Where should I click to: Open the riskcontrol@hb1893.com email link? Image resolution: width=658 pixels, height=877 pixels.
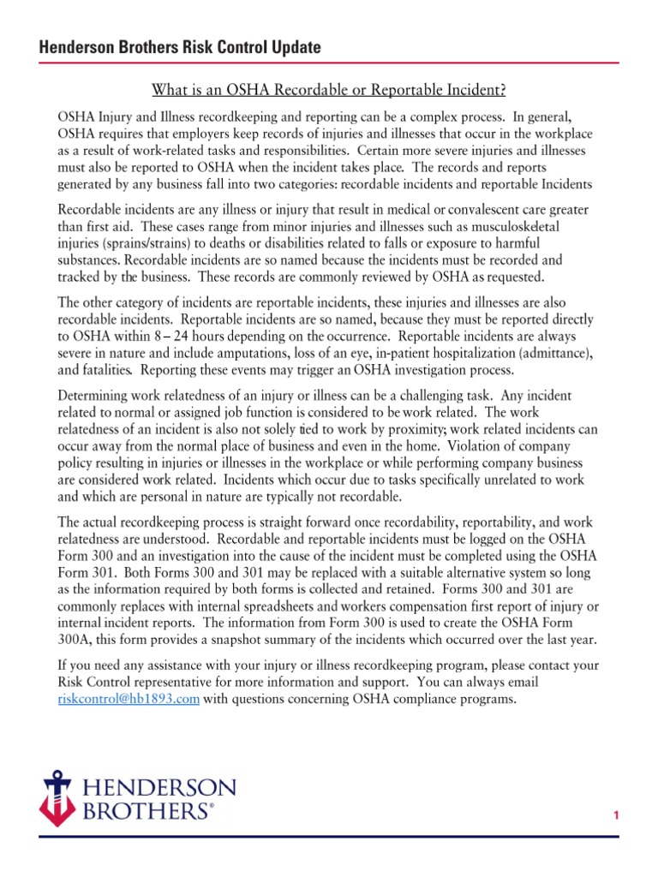click(128, 699)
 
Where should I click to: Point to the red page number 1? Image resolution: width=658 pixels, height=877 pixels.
click(615, 816)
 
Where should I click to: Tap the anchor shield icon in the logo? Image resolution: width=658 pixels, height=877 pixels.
click(59, 797)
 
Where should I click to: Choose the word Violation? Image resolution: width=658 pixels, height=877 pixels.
click(506, 445)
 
